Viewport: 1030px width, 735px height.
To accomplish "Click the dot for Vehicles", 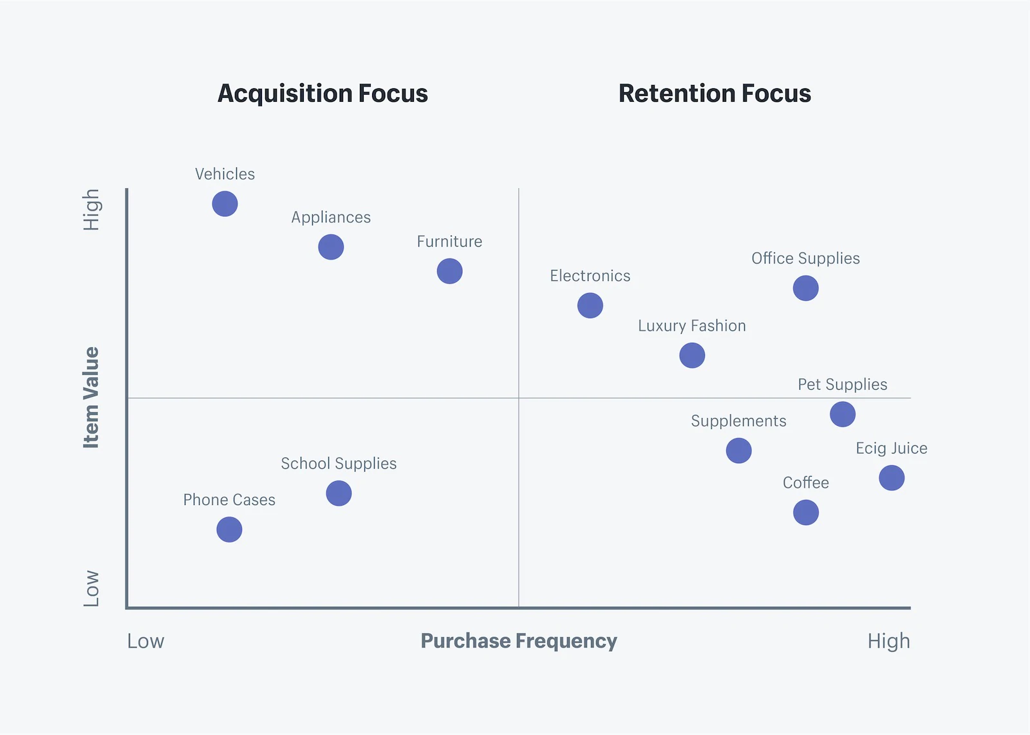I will [x=225, y=204].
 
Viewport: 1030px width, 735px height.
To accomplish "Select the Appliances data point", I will [x=331, y=247].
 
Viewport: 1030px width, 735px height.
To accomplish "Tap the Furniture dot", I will [x=449, y=271].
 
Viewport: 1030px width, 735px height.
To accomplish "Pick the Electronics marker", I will [x=590, y=305].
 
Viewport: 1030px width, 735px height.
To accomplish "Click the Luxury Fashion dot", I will [x=692, y=356].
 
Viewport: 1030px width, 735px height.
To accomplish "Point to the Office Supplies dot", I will [x=805, y=288].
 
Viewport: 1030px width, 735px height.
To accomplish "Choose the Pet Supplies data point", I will [x=843, y=414].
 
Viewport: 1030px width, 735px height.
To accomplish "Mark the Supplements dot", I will [x=738, y=451].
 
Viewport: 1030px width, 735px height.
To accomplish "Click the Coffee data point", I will [x=805, y=513].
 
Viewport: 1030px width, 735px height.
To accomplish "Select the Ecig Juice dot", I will [x=892, y=478].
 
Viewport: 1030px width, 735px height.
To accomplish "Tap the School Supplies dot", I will [x=339, y=493].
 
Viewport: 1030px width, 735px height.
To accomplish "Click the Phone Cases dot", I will [x=229, y=530].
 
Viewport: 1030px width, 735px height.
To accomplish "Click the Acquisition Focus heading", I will [x=323, y=94].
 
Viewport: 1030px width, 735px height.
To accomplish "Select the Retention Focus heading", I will [x=715, y=94].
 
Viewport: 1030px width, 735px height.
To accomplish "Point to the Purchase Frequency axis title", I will [x=519, y=641].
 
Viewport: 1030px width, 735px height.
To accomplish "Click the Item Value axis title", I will [x=91, y=397].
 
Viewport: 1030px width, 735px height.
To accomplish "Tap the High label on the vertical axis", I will [x=91, y=209].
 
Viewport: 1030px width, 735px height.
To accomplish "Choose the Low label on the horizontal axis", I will [x=145, y=641].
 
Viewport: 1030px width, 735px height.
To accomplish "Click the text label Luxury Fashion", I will [x=691, y=326].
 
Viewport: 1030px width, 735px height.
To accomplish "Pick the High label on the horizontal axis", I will [x=888, y=641].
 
